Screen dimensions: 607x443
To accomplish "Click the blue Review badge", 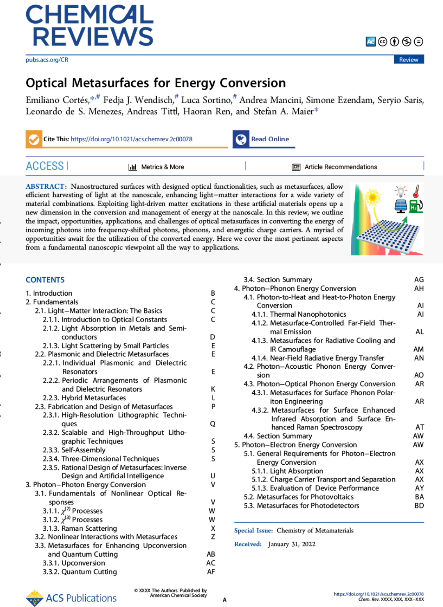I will coord(409,59).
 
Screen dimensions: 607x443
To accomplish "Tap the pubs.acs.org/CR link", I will coord(47,60).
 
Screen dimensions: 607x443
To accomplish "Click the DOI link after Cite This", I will coord(131,139).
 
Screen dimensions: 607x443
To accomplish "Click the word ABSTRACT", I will coord(46,187).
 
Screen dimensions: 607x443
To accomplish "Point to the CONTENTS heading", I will coord(45,280).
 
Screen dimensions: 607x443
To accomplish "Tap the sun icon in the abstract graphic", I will coord(372,197).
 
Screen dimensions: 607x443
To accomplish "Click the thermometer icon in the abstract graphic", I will coord(416,191).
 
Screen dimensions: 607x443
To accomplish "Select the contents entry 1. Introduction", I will coord(49,293).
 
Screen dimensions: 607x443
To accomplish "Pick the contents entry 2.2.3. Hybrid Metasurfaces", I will coord(84,398).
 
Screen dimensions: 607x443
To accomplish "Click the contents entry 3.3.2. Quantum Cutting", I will coord(80,572).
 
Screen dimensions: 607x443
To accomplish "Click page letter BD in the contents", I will coord(419,506).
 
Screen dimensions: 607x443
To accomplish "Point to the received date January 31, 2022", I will coord(291,544).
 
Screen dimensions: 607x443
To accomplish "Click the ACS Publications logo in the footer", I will coord(71,598).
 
